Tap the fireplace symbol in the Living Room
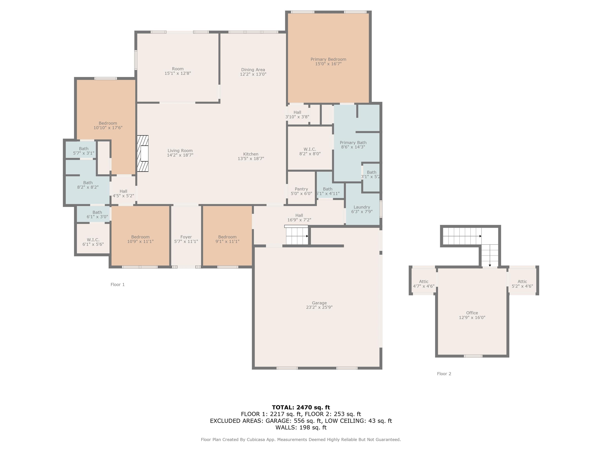[x=143, y=153]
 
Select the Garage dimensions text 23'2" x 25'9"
[x=319, y=307]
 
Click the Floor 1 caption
[x=118, y=284]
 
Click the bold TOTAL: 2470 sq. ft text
[x=301, y=407]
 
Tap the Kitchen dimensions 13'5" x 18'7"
[x=251, y=159]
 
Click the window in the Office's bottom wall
[x=473, y=356]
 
